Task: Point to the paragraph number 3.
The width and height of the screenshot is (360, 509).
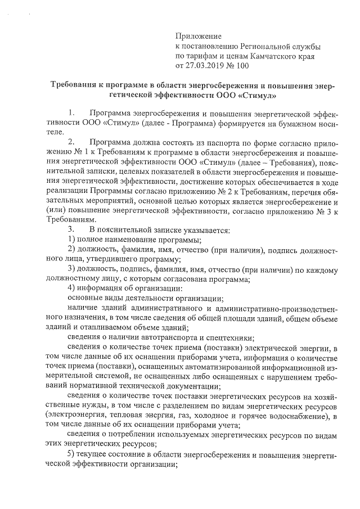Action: (71, 229)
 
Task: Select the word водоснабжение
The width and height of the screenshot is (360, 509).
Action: (298, 417)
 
